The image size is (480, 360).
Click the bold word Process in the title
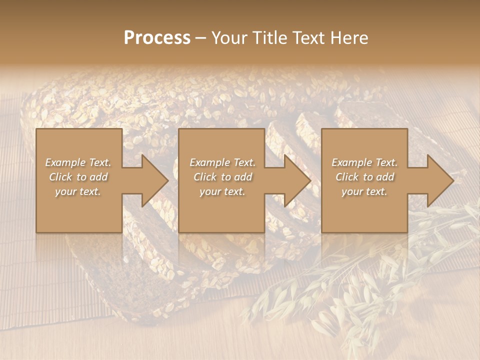(157, 38)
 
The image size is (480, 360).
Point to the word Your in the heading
(231, 38)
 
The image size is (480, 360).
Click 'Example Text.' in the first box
(78, 162)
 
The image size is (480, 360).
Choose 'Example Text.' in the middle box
(222, 162)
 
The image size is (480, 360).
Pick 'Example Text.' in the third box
(364, 162)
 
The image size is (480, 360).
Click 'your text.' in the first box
(78, 191)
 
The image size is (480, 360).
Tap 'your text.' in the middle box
(222, 191)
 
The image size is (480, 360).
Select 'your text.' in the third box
(364, 191)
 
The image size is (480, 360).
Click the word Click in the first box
(60, 177)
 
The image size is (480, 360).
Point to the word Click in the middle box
(205, 177)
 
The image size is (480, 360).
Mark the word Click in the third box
(347, 177)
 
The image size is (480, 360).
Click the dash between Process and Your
(201, 38)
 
